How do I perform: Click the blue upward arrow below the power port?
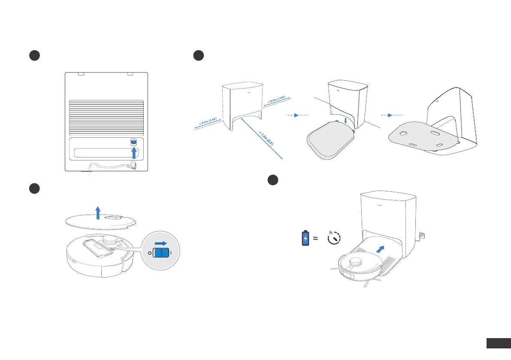134,154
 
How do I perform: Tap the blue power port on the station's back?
133,142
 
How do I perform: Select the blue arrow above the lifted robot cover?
98,212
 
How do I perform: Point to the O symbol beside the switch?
150,253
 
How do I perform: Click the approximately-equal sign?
316,238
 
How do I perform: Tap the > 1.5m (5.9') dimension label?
266,137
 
